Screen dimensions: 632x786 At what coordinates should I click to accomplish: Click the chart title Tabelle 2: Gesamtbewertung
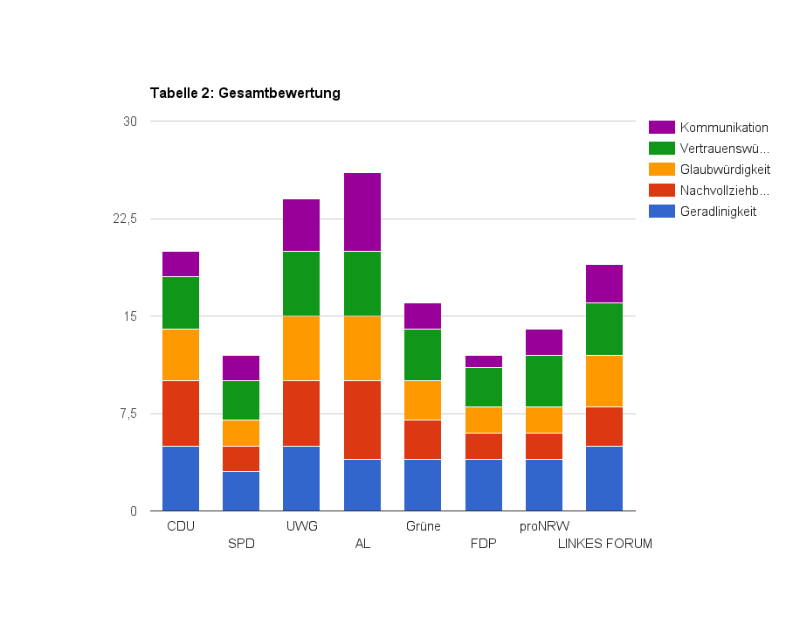coord(245,93)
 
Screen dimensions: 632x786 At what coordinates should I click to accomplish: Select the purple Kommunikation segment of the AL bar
coord(362,212)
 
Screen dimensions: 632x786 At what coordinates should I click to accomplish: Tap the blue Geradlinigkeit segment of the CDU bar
coord(181,478)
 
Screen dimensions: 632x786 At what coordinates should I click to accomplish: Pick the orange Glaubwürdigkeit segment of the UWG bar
coord(301,348)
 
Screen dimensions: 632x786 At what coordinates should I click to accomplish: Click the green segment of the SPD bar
coord(241,400)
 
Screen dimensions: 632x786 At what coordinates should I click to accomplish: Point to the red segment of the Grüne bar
coord(423,440)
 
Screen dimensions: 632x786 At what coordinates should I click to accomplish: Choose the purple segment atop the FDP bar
coord(484,361)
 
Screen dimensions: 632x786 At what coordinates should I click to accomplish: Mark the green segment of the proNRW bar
coord(544,381)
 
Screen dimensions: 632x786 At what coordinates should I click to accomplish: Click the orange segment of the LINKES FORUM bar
coord(604,381)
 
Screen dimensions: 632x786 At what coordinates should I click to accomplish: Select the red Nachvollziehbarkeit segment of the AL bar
coord(362,420)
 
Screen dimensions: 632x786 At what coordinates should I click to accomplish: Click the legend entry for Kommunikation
coord(723,128)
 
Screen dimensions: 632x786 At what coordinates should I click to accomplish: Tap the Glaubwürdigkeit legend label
coord(724,170)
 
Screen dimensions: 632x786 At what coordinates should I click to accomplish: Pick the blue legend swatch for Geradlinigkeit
coord(662,212)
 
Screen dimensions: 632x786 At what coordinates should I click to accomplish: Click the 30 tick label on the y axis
coord(130,122)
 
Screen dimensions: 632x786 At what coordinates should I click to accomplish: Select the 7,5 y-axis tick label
coord(127,413)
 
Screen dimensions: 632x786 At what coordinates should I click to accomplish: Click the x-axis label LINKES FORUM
coord(604,544)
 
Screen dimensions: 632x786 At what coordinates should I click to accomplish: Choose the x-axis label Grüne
coord(423,526)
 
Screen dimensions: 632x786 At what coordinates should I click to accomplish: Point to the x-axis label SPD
coord(241,544)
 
